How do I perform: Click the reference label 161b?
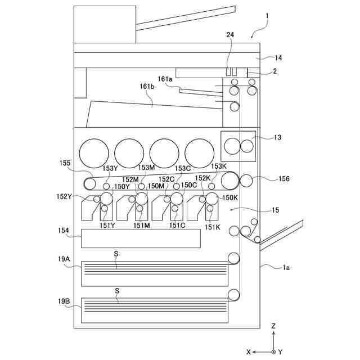(x=147, y=86)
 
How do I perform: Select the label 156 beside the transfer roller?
(x=283, y=179)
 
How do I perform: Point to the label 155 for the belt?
(x=65, y=163)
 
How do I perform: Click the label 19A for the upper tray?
(x=64, y=259)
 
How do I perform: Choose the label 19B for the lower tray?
(x=64, y=301)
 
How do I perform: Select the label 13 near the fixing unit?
(x=277, y=137)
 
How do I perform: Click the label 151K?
(x=212, y=227)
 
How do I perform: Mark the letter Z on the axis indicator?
(x=273, y=326)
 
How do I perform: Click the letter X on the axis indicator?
(x=248, y=351)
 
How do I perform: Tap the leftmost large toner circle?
(x=94, y=153)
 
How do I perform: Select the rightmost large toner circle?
(x=200, y=153)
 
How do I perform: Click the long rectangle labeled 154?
(x=141, y=238)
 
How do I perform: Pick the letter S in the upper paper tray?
(x=116, y=254)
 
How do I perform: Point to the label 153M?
(x=146, y=168)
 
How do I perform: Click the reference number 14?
(x=278, y=57)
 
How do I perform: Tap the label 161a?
(x=165, y=80)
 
